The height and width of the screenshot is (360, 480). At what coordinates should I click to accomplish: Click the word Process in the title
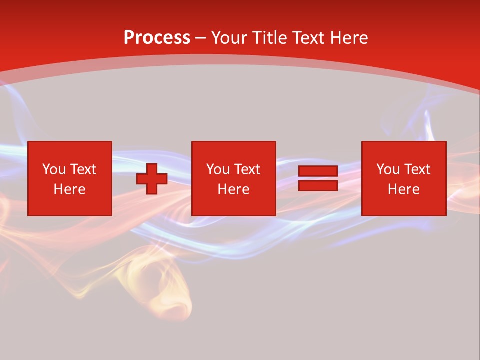pos(157,38)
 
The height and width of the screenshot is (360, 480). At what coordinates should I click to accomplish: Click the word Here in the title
pos(349,38)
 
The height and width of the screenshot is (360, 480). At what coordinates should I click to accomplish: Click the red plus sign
pos(152,179)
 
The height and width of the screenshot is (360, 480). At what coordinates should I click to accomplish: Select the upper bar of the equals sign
pos(318,171)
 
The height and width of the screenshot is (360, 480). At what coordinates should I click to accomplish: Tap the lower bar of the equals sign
pos(318,185)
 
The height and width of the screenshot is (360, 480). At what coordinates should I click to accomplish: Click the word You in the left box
pos(54,169)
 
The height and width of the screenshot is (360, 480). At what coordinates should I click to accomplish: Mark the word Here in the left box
pos(69,189)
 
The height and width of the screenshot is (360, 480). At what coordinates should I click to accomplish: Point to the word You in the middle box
pos(218,169)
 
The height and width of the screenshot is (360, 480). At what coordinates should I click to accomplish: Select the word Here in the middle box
pos(233,189)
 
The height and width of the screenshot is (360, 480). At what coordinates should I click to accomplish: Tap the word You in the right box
pos(388,169)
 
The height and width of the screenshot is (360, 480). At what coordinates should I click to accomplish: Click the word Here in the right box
pos(403,189)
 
